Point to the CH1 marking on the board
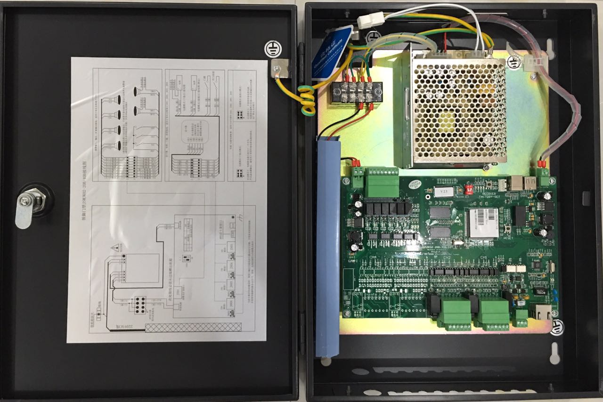pos(483,257)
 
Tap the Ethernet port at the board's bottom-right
pos(541,312)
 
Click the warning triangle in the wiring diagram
pos(115,248)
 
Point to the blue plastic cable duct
pos(328,245)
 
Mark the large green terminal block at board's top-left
pos(381,182)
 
